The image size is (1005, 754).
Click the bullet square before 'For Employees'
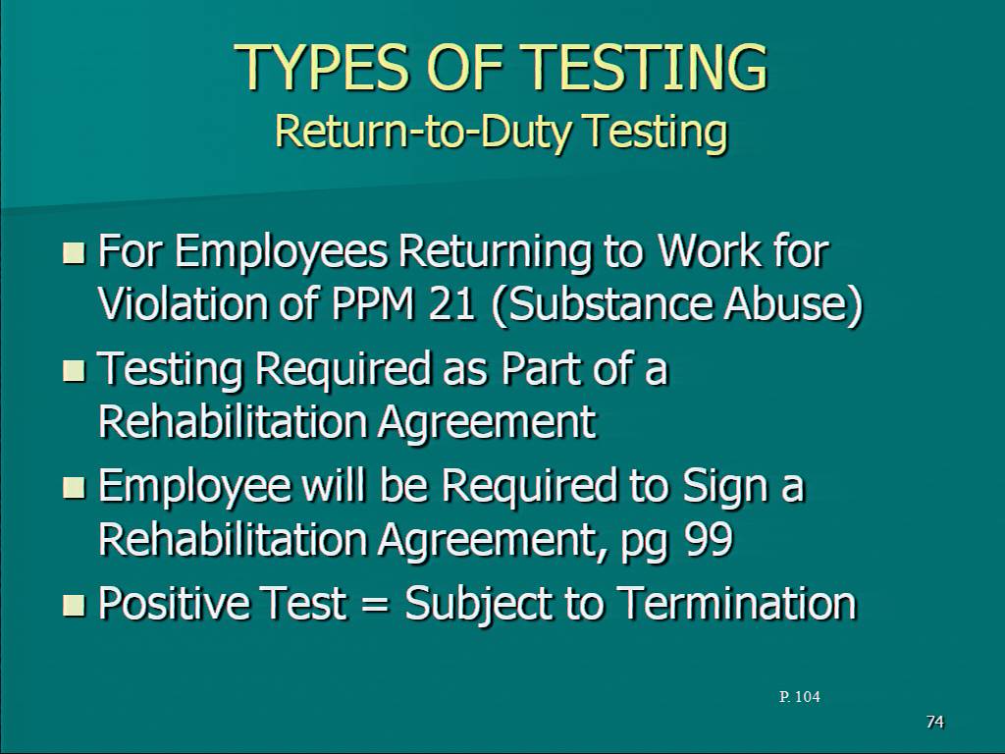pyautogui.click(x=74, y=252)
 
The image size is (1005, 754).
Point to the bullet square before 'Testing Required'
pyautogui.click(x=74, y=370)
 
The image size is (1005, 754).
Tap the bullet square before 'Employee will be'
pyautogui.click(x=74, y=487)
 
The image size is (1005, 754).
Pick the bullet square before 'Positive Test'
pyautogui.click(x=74, y=605)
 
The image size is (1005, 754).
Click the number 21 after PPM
pyautogui.click(x=451, y=303)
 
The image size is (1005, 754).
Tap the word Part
pyautogui.click(x=541, y=369)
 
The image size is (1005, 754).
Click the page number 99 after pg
pyautogui.click(x=709, y=540)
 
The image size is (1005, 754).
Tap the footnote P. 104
pyautogui.click(x=799, y=697)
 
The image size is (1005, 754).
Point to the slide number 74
pyautogui.click(x=935, y=722)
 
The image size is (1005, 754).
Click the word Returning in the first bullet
pyautogui.click(x=495, y=252)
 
